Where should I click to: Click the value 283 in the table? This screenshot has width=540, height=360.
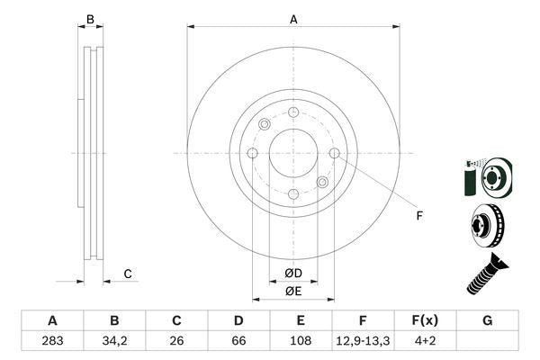pos(52,342)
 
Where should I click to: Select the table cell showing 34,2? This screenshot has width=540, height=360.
pos(114,342)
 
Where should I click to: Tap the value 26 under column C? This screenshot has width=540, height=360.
pos(177,342)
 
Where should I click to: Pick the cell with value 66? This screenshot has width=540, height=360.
pos(239,342)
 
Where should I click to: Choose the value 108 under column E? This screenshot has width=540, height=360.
pos(301,342)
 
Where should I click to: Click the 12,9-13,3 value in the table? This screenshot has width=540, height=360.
pos(364,342)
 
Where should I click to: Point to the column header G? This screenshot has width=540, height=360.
pos(488,321)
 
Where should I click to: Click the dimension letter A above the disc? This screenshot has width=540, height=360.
pos(293,18)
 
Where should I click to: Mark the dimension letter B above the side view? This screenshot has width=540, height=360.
pos(89,18)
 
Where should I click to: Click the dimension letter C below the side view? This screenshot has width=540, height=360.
pos(128,274)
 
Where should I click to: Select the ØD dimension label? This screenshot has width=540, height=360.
pos(293,273)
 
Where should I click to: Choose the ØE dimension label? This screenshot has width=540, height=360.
pos(293,291)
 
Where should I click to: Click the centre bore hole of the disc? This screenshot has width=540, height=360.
pos(293,153)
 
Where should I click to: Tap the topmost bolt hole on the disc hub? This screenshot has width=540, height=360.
pos(293,112)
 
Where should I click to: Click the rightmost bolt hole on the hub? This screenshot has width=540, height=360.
pos(335,153)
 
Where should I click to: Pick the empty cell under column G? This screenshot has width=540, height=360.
pos(488,342)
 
